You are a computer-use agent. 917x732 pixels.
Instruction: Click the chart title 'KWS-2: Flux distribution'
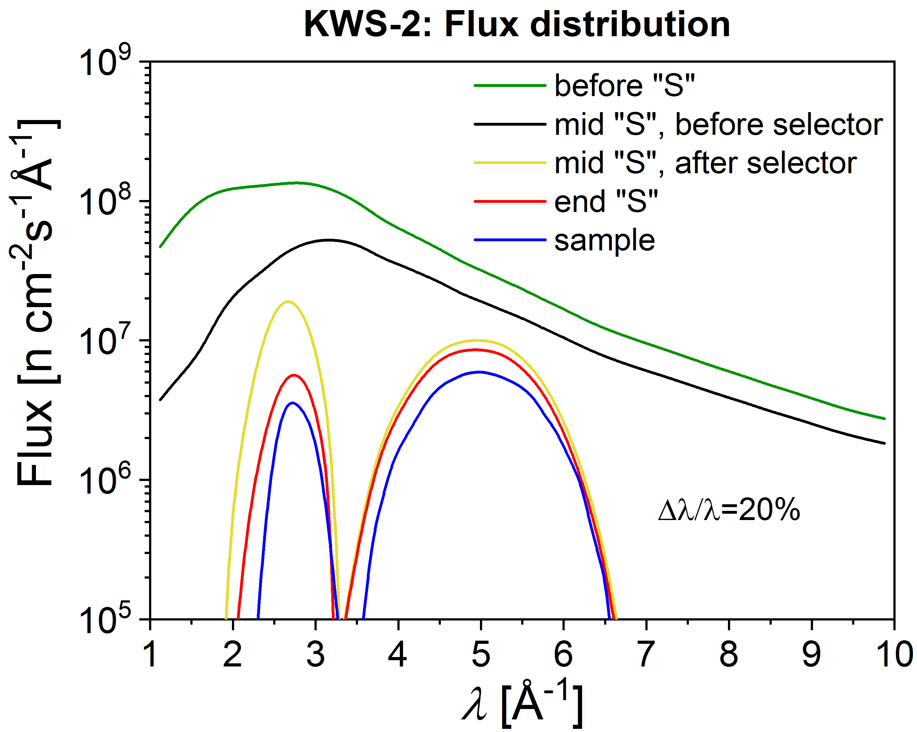(x=516, y=25)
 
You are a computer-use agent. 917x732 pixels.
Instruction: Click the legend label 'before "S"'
(x=624, y=85)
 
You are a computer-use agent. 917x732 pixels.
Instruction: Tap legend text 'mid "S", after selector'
(x=705, y=163)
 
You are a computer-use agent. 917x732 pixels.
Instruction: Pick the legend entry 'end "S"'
(x=606, y=202)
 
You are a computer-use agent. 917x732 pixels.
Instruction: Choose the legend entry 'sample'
(x=604, y=240)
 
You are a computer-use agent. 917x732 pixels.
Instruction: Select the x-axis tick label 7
(x=646, y=655)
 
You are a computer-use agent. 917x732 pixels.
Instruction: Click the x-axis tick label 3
(x=315, y=655)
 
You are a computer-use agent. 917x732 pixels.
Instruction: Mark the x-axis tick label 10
(x=896, y=655)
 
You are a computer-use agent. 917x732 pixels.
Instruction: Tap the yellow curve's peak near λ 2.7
(x=288, y=301)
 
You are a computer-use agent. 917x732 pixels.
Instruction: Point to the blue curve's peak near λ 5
(x=479, y=372)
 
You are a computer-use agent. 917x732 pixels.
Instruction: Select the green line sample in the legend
(x=510, y=85)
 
